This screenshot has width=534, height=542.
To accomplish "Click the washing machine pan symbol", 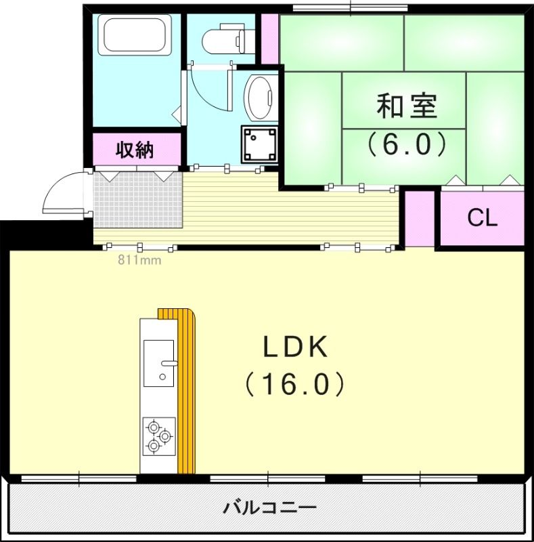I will coord(259,144).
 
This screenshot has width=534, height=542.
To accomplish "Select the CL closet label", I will coord(483,217).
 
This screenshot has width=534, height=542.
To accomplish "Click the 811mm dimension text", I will coord(138,258).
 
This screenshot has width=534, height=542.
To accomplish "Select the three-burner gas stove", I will coord(159,436).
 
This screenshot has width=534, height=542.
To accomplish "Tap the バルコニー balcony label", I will coord(269,507).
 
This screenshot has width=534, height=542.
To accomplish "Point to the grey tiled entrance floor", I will coord(138,200).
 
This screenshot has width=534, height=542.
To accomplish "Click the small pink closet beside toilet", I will coord(270,38).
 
